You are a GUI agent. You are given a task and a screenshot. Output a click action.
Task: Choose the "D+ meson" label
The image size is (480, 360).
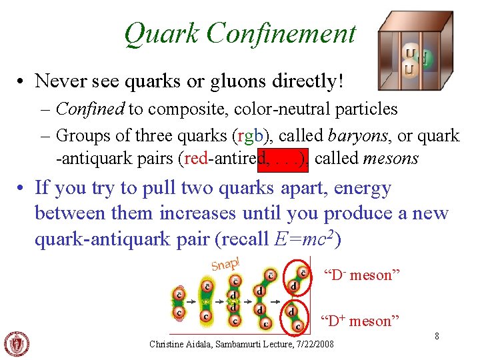click(359, 321)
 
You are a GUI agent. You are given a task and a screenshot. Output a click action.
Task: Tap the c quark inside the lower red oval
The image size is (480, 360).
click(297, 326)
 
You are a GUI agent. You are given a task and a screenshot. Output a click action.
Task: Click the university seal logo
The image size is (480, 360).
click(17, 344)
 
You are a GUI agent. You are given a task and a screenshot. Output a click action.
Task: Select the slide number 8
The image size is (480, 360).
click(437, 336)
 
